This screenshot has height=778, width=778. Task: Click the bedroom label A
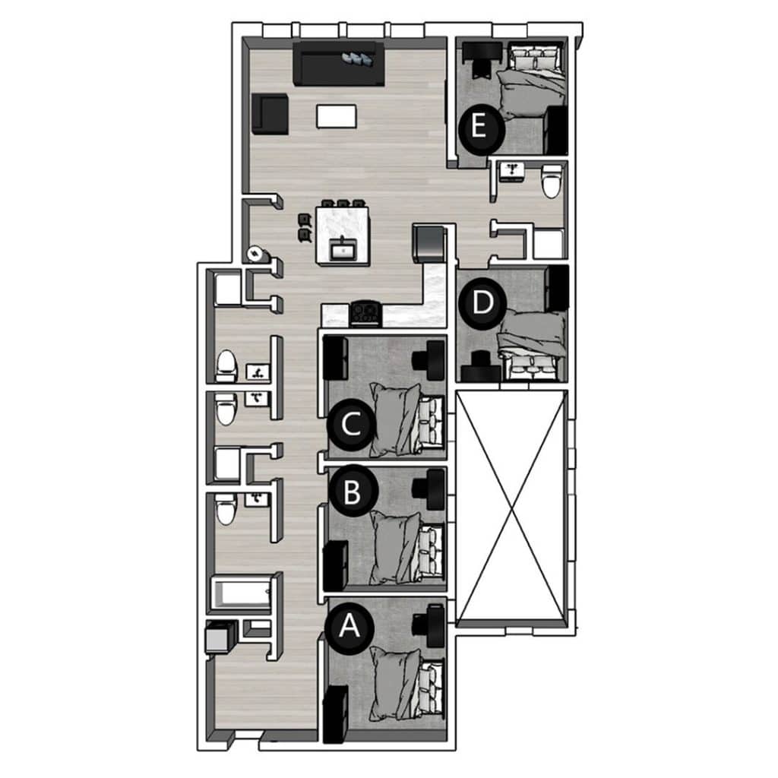click(349, 626)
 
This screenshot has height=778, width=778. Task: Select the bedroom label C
click(351, 425)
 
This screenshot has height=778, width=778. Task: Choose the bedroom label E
click(479, 127)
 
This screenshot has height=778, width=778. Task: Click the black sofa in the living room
click(339, 64)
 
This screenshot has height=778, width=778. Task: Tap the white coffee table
click(337, 115)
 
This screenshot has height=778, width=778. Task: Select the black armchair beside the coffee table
click(270, 114)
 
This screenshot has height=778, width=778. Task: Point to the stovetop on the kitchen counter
click(366, 313)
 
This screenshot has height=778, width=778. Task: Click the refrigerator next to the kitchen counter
click(430, 243)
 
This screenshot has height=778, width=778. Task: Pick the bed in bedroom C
click(407, 419)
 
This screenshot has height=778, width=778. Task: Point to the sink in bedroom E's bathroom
click(511, 171)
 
